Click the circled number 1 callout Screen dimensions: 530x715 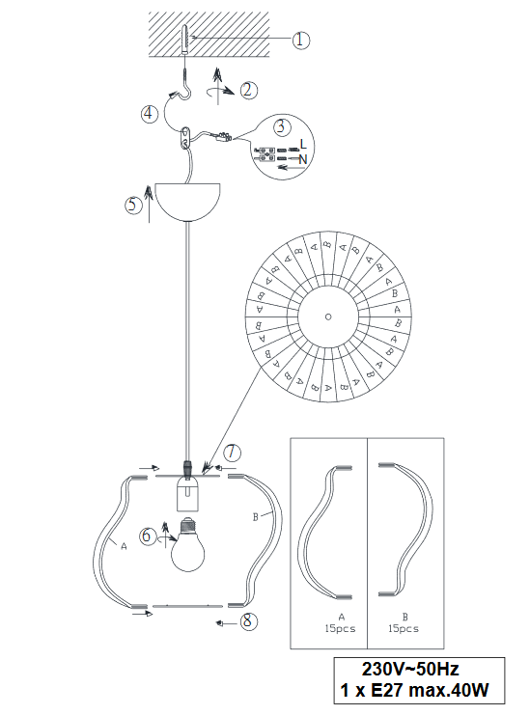click(300, 41)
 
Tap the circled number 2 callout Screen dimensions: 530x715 click(248, 90)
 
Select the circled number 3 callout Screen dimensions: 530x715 click(282, 126)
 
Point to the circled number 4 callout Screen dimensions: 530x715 click(149, 113)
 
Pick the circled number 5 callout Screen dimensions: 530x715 click(133, 205)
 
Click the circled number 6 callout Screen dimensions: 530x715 click(147, 535)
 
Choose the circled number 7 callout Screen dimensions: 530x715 click(232, 453)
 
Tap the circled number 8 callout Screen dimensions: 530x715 click(248, 621)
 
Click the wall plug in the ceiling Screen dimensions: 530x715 click(184, 40)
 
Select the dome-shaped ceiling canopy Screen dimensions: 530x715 click(188, 202)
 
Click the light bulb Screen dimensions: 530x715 click(187, 544)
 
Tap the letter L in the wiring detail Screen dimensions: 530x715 click(303, 145)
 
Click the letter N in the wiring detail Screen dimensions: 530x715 click(303, 159)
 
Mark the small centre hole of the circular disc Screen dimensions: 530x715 click(328, 316)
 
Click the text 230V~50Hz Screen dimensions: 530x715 click(410, 669)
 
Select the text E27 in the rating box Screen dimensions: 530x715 click(387, 690)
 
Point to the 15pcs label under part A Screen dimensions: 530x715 click(340, 628)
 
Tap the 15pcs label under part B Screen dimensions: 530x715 click(404, 628)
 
